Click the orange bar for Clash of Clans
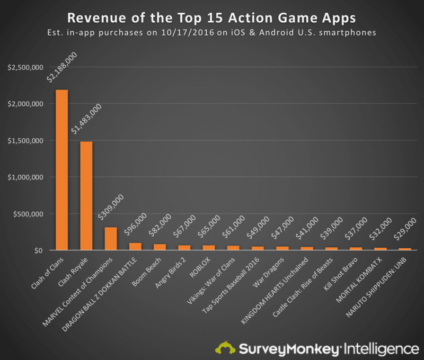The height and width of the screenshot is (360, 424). coord(62,169)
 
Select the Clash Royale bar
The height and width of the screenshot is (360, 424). coord(86,195)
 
